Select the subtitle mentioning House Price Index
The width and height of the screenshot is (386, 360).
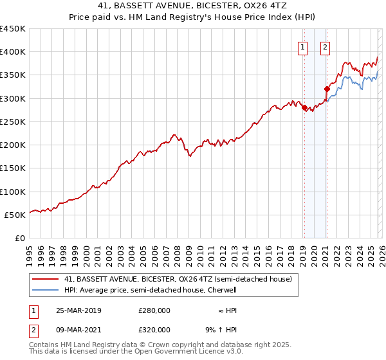193,18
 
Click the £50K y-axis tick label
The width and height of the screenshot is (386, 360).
15,215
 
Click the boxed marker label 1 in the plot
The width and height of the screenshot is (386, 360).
302,46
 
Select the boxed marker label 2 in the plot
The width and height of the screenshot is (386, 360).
325,46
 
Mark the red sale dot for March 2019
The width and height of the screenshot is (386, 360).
304,108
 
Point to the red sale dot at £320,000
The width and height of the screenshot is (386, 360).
327,89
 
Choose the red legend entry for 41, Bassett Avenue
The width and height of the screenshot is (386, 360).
178,279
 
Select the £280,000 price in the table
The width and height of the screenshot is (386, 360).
154,310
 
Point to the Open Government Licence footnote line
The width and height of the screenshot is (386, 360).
136,352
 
